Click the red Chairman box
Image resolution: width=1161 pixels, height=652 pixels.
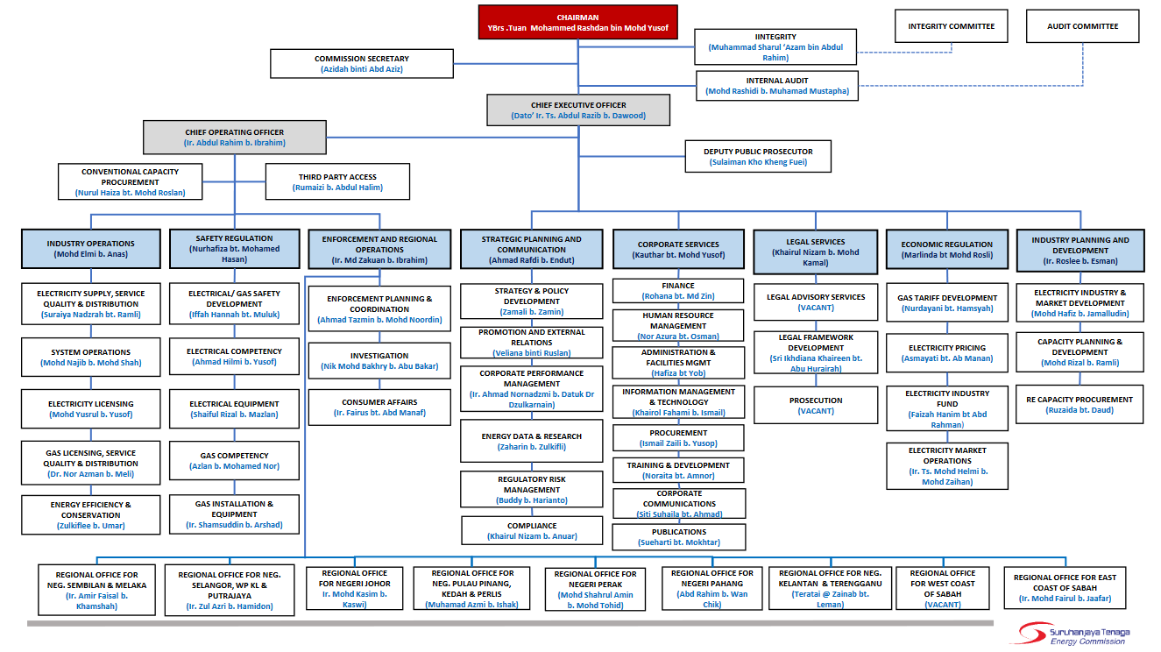[578, 22]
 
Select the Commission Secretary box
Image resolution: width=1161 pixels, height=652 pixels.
[362, 64]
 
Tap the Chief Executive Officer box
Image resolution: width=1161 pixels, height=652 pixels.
[578, 110]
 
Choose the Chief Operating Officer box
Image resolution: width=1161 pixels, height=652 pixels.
[235, 138]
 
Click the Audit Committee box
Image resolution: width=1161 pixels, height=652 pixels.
[1083, 26]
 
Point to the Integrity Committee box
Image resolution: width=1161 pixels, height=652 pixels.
[951, 26]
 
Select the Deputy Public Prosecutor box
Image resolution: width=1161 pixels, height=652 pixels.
[758, 156]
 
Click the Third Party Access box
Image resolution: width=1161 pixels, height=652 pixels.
[337, 182]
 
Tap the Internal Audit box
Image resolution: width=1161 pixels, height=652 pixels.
[777, 86]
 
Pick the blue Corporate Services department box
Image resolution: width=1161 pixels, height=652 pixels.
[678, 249]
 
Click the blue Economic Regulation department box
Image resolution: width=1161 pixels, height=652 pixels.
[947, 249]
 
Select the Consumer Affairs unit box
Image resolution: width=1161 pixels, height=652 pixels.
[379, 407]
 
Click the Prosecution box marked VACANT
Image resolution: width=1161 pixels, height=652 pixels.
[816, 405]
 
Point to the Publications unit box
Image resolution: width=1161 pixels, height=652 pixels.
[679, 537]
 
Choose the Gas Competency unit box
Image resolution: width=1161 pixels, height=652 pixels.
[234, 461]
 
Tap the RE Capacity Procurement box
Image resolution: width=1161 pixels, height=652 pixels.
[1080, 404]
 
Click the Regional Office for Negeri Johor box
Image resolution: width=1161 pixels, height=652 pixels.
[355, 588]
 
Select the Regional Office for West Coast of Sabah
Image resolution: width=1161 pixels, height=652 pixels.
[942, 588]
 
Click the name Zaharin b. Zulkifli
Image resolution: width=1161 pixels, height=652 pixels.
[532, 447]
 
